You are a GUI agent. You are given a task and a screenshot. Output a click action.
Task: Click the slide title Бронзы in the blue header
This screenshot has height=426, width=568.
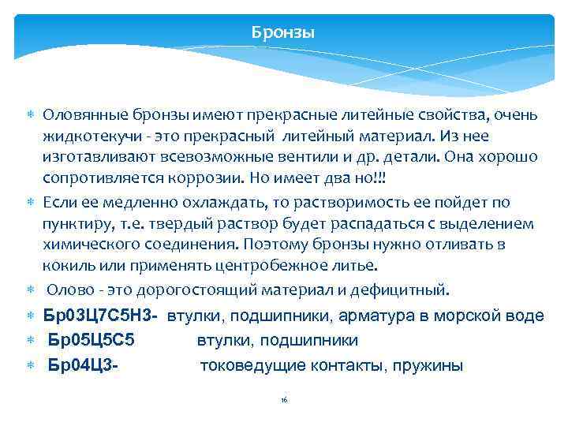[283, 33]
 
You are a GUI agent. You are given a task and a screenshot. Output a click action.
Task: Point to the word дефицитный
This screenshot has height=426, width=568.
[401, 290]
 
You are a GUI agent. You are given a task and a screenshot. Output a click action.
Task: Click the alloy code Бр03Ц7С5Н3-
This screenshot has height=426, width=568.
[101, 316]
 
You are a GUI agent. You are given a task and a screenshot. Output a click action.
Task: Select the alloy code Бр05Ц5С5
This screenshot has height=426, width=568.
[92, 341]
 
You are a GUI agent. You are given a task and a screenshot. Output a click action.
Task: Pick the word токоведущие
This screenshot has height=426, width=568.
[248, 365]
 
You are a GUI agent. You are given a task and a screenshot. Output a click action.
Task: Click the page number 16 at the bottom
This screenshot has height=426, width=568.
[284, 401]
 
